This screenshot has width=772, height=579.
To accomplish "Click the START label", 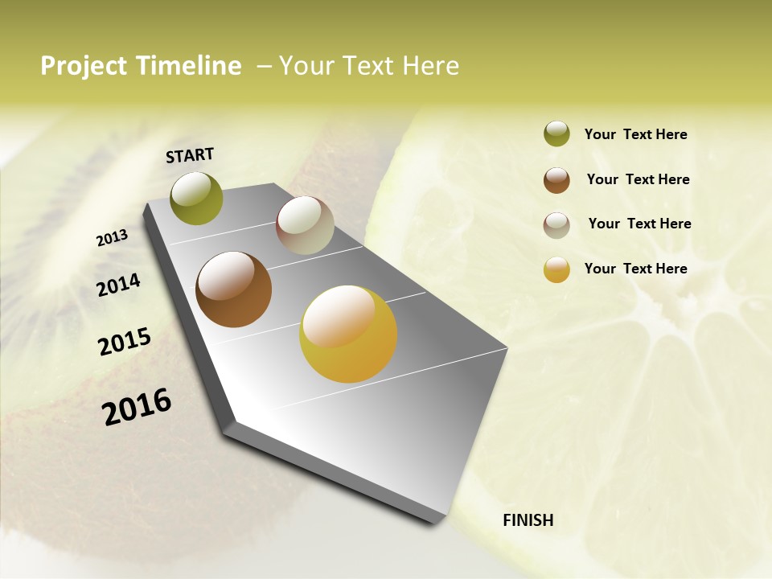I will coord(190,155).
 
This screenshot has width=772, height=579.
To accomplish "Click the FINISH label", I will coord(528,520).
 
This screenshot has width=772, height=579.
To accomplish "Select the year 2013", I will coord(112,238).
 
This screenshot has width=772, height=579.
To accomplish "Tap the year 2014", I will coord(118,285).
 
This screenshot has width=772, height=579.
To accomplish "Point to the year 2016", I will coord(137,407).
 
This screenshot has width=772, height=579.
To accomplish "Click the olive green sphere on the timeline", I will coord(196,198).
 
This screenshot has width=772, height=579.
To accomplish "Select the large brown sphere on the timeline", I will coord(233,289).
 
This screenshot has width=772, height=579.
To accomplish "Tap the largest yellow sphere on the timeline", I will coord(348,334).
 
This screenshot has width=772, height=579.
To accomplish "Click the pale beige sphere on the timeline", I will coord(305,225).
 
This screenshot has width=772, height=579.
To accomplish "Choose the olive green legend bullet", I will coord(556,134).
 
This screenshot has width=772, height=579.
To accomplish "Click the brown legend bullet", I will coord(556,180).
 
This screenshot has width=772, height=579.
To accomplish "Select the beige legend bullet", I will coord(556,225).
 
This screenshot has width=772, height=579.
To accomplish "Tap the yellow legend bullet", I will coord(556,269).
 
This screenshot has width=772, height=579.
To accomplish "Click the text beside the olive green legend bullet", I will coord(635,134).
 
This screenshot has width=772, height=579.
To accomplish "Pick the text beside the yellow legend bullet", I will coord(635,269).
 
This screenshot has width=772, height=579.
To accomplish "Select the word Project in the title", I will coord(84,66).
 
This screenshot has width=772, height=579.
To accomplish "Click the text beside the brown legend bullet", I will coord(638,179).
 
